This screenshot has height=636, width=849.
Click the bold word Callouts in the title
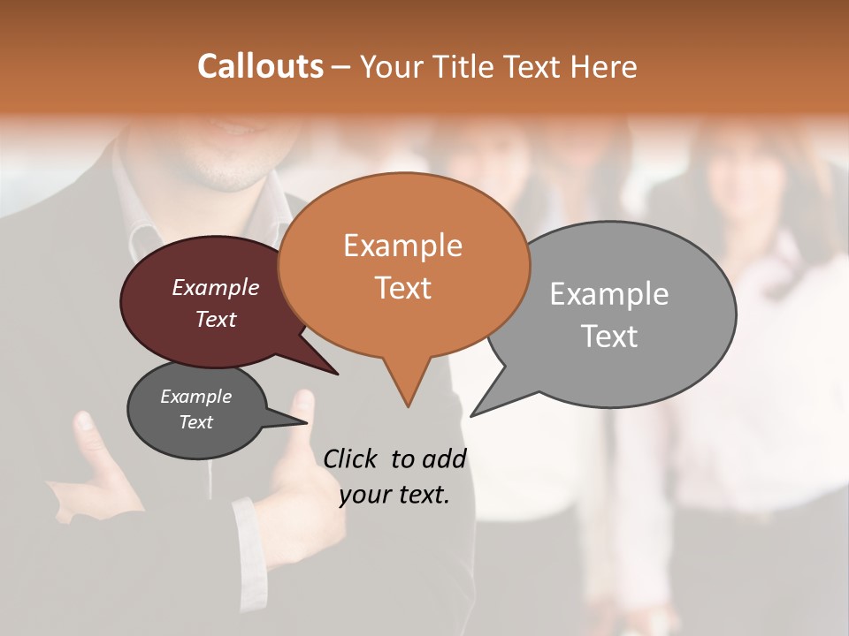pyautogui.click(x=260, y=66)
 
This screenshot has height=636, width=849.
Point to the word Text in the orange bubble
pyautogui.click(x=402, y=287)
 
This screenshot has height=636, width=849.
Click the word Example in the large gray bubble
pyautogui.click(x=609, y=293)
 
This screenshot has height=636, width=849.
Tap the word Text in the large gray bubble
pyautogui.click(x=609, y=337)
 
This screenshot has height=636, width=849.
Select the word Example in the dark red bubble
pyautogui.click(x=216, y=287)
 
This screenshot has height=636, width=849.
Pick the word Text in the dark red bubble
pyautogui.click(x=216, y=319)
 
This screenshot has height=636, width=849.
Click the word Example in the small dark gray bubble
pyautogui.click(x=196, y=397)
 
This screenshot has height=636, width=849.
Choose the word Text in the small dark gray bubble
pyautogui.click(x=196, y=422)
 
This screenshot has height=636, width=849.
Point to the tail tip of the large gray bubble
pyautogui.click(x=471, y=415)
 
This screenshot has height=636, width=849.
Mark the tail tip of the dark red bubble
pyautogui.click(x=337, y=374)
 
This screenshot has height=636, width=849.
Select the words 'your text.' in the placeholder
pyautogui.click(x=394, y=495)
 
